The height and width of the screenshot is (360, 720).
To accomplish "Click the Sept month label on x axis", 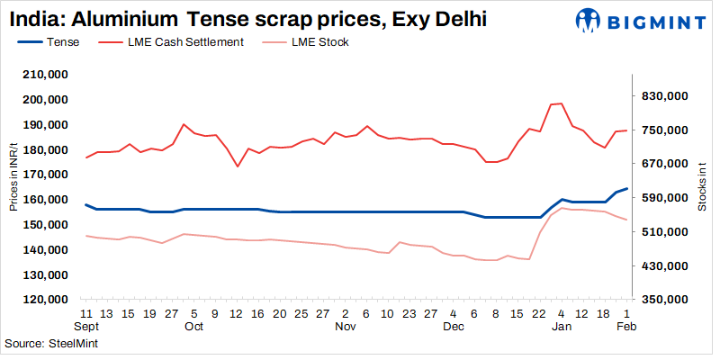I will pos(85,327).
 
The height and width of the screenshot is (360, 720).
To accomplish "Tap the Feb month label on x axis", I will pos(626,327).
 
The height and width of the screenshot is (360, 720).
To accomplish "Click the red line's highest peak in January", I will pos(561,103).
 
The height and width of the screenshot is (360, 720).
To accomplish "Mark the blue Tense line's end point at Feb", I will pos(626,188).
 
